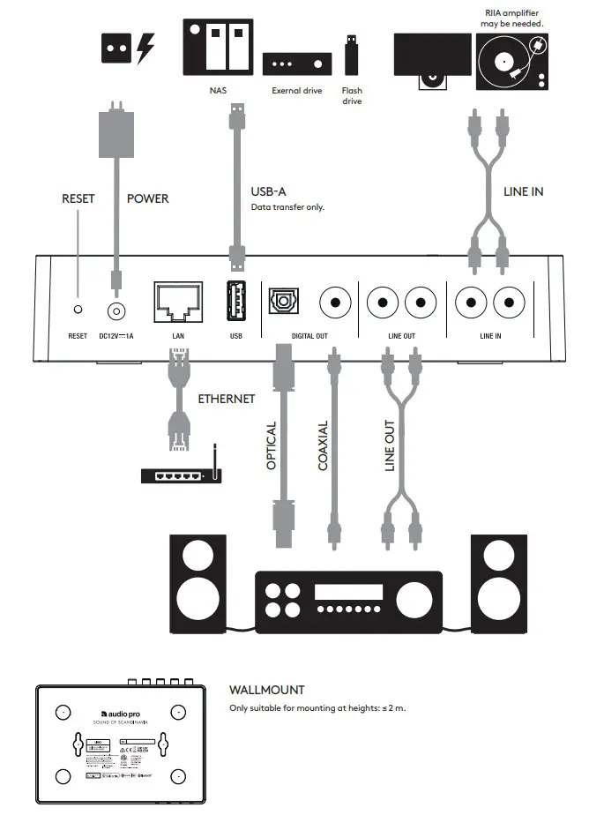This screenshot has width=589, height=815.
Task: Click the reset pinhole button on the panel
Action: (78, 310)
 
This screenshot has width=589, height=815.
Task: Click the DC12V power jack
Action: (116, 310)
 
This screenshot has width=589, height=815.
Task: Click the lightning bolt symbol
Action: (145, 49)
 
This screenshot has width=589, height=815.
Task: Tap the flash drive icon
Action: (352, 56)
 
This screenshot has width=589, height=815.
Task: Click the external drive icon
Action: (297, 64)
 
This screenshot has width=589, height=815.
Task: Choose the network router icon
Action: (182, 475)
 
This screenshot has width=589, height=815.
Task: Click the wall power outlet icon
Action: (112, 49)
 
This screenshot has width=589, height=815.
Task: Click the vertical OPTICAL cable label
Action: (272, 445)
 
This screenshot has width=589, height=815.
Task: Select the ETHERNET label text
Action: (226, 399)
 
